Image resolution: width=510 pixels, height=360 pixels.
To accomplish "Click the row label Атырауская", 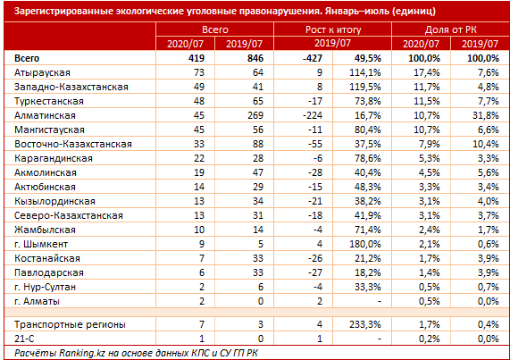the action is point(42,72).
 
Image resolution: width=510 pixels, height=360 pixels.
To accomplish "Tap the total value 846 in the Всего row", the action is point(255,58).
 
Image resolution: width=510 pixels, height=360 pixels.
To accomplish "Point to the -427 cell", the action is point(313,58).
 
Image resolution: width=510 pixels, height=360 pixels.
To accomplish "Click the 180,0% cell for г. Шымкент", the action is point(365,244).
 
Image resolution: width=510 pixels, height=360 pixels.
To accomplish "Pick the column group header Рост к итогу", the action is point(333,29).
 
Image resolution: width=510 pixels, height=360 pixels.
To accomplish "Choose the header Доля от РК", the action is point(450,29).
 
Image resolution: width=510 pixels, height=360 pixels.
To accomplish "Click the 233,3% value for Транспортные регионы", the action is point(365,324).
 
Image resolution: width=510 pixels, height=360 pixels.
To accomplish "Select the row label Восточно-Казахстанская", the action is point(73,144).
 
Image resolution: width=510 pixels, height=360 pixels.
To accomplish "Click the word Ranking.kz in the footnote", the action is point(82,353).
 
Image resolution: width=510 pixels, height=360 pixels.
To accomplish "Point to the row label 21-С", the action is point(24,339).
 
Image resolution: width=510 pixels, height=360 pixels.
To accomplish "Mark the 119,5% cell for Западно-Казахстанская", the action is point(365,87).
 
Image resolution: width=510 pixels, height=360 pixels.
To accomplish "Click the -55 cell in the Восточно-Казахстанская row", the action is point(315,144).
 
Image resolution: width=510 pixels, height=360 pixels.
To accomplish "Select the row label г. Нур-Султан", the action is point(45,287).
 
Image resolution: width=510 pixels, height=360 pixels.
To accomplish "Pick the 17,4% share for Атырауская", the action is point(427,72).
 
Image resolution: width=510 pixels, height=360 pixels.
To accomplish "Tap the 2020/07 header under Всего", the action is point(185,44).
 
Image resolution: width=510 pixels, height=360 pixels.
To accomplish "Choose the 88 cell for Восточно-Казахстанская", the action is point(258,144).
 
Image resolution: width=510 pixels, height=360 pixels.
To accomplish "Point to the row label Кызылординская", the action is point(54,201).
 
